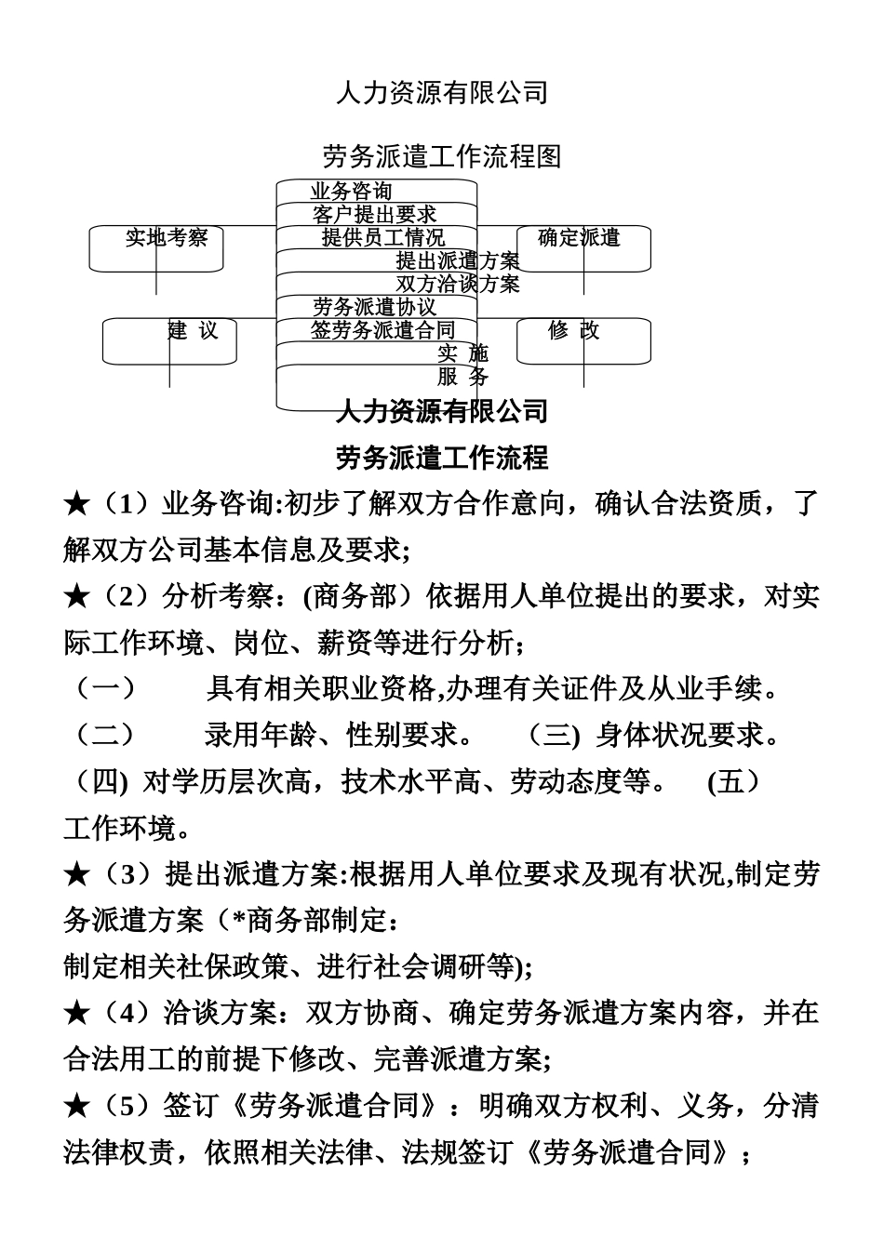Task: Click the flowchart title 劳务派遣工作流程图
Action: pyautogui.click(x=441, y=155)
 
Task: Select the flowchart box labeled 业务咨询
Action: pyautogui.click(x=352, y=192)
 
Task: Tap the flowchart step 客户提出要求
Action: pyautogui.click(x=374, y=215)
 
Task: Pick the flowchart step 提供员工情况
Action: pyautogui.click(x=382, y=238)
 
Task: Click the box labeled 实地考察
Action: pyautogui.click(x=166, y=238)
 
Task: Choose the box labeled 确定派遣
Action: pyautogui.click(x=579, y=238)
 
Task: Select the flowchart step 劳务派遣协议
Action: pyautogui.click(x=374, y=307)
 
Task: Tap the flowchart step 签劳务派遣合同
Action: pyautogui.click(x=382, y=329)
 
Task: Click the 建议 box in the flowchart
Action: pyautogui.click(x=193, y=330)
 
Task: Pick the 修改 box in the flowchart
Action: pyautogui.click(x=573, y=330)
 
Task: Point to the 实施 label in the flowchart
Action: pyautogui.click(x=462, y=353)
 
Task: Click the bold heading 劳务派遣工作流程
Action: pyautogui.click(x=441, y=457)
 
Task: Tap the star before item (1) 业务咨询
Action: pyautogui.click(x=76, y=505)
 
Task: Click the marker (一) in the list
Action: pyautogui.click(x=103, y=689)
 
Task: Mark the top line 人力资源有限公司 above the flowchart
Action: pyautogui.click(x=441, y=93)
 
